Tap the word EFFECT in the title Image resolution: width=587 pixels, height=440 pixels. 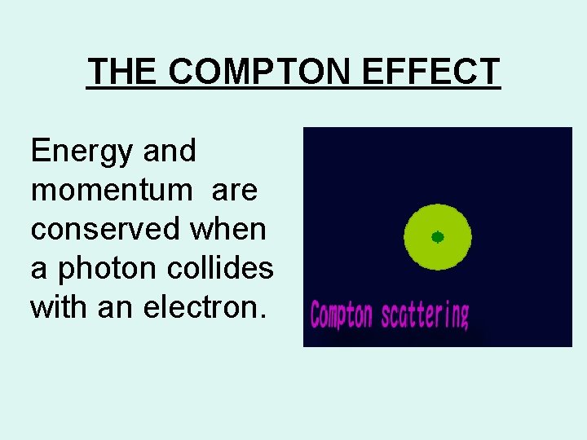pyautogui.click(x=431, y=72)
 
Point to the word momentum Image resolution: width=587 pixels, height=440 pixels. pyautogui.click(x=111, y=190)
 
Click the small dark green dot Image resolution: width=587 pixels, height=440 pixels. pyautogui.click(x=438, y=237)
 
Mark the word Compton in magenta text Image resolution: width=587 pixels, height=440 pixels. pyautogui.click(x=341, y=314)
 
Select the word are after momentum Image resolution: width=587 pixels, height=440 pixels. pyautogui.click(x=234, y=190)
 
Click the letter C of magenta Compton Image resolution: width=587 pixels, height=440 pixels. pyautogui.click(x=316, y=314)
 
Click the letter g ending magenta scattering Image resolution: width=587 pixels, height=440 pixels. pyautogui.click(x=464, y=316)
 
